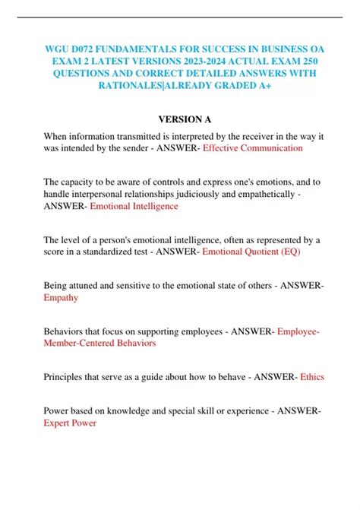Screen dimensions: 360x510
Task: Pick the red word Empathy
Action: pyautogui.click(x=61, y=298)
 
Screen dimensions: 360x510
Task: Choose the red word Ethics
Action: pyautogui.click(x=313, y=376)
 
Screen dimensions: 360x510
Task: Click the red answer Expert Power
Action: pyautogui.click(x=70, y=423)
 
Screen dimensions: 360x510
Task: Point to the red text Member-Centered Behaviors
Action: pyautogui.click(x=100, y=344)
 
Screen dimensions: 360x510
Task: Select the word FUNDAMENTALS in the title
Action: pyautogui.click(x=156, y=44)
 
